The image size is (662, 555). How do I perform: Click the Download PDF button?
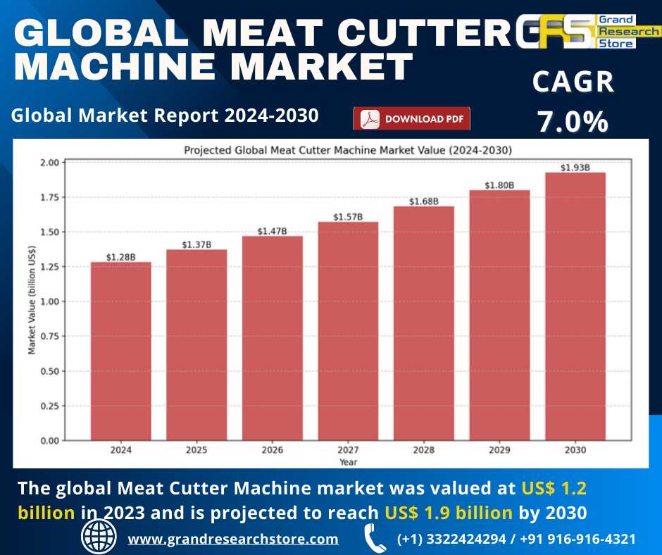click(x=411, y=119)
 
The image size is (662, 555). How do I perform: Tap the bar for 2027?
click(x=348, y=331)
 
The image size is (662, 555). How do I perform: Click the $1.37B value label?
click(x=196, y=244)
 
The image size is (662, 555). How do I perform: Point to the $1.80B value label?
click(x=499, y=185)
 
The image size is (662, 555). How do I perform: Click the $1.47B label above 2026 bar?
click(x=272, y=231)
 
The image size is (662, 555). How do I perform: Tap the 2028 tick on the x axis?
click(x=423, y=450)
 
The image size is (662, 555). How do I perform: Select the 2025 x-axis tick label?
click(x=196, y=450)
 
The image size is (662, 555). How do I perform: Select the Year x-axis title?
click(x=348, y=462)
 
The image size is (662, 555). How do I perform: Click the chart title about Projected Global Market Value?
click(x=348, y=150)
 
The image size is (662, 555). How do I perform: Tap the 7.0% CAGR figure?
click(x=573, y=121)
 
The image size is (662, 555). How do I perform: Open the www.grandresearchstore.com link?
click(x=232, y=540)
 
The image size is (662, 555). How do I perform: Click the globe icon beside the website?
click(x=99, y=537)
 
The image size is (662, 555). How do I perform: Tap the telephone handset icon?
click(x=375, y=538)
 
